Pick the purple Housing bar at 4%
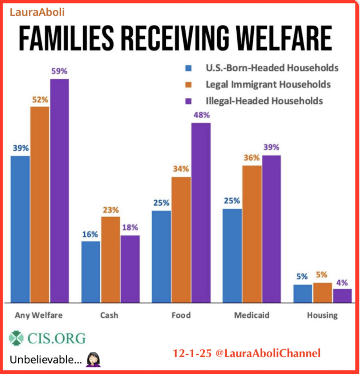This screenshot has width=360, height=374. pyautogui.click(x=342, y=296)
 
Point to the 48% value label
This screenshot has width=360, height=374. pyautogui.click(x=201, y=115)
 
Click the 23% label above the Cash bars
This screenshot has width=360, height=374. pyautogui.click(x=111, y=210)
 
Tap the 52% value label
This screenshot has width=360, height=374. pyautogui.click(x=40, y=100)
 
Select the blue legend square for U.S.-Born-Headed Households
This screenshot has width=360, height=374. pyautogui.click(x=188, y=68)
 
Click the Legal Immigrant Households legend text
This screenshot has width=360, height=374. pyautogui.click(x=268, y=84)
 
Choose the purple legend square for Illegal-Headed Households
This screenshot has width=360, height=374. pyautogui.click(x=188, y=101)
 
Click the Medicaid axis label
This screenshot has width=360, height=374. pyautogui.click(x=252, y=315)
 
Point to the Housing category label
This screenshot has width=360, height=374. pyautogui.click(x=322, y=315)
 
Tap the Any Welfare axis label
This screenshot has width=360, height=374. pyautogui.click(x=39, y=315)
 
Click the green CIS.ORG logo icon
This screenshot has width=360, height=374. pyautogui.click(x=16, y=338)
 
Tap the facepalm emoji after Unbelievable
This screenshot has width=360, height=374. pyautogui.click(x=93, y=360)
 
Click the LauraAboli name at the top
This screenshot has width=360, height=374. pyautogui.click(x=37, y=12)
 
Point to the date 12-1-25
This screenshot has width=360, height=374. pyautogui.click(x=192, y=353)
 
